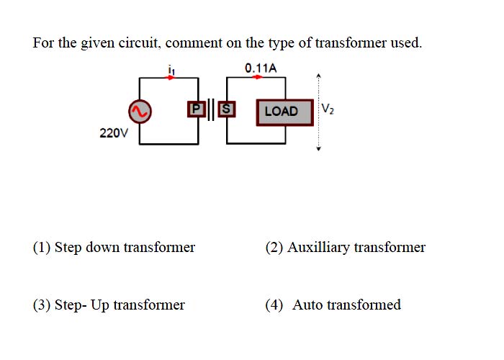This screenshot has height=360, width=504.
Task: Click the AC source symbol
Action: pyautogui.click(x=140, y=111)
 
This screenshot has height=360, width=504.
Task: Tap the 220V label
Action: pyautogui.click(x=114, y=132)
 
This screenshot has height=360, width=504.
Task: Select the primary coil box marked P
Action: pyautogui.click(x=196, y=109)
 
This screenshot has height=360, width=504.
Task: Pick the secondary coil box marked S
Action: pyautogui.click(x=227, y=109)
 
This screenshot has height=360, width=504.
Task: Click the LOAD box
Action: pyautogui.click(x=285, y=112)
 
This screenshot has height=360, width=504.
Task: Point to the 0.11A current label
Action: pyautogui.click(x=261, y=68)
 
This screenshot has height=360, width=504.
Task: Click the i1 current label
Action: pyautogui.click(x=171, y=70)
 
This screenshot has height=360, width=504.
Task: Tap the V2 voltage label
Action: pyautogui.click(x=328, y=109)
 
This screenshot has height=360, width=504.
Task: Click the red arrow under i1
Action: pyautogui.click(x=170, y=78)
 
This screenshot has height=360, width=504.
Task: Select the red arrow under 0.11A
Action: pyautogui.click(x=257, y=77)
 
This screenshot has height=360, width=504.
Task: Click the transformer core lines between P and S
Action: pyautogui.click(x=211, y=109)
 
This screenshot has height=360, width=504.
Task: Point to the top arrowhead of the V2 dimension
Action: pyautogui.click(x=318, y=76)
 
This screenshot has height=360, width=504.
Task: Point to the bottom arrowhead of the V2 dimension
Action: pyautogui.click(x=318, y=148)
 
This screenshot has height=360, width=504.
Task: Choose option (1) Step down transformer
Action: pyautogui.click(x=114, y=248)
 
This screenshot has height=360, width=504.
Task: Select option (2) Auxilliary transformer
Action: pyautogui.click(x=345, y=248)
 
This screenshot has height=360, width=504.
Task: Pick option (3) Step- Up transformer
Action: pyautogui.click(x=109, y=305)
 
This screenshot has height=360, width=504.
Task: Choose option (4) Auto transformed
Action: pyautogui.click(x=333, y=305)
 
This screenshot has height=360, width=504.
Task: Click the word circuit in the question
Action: pyautogui.click(x=139, y=42)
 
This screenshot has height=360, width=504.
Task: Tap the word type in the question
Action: pyautogui.click(x=282, y=44)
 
